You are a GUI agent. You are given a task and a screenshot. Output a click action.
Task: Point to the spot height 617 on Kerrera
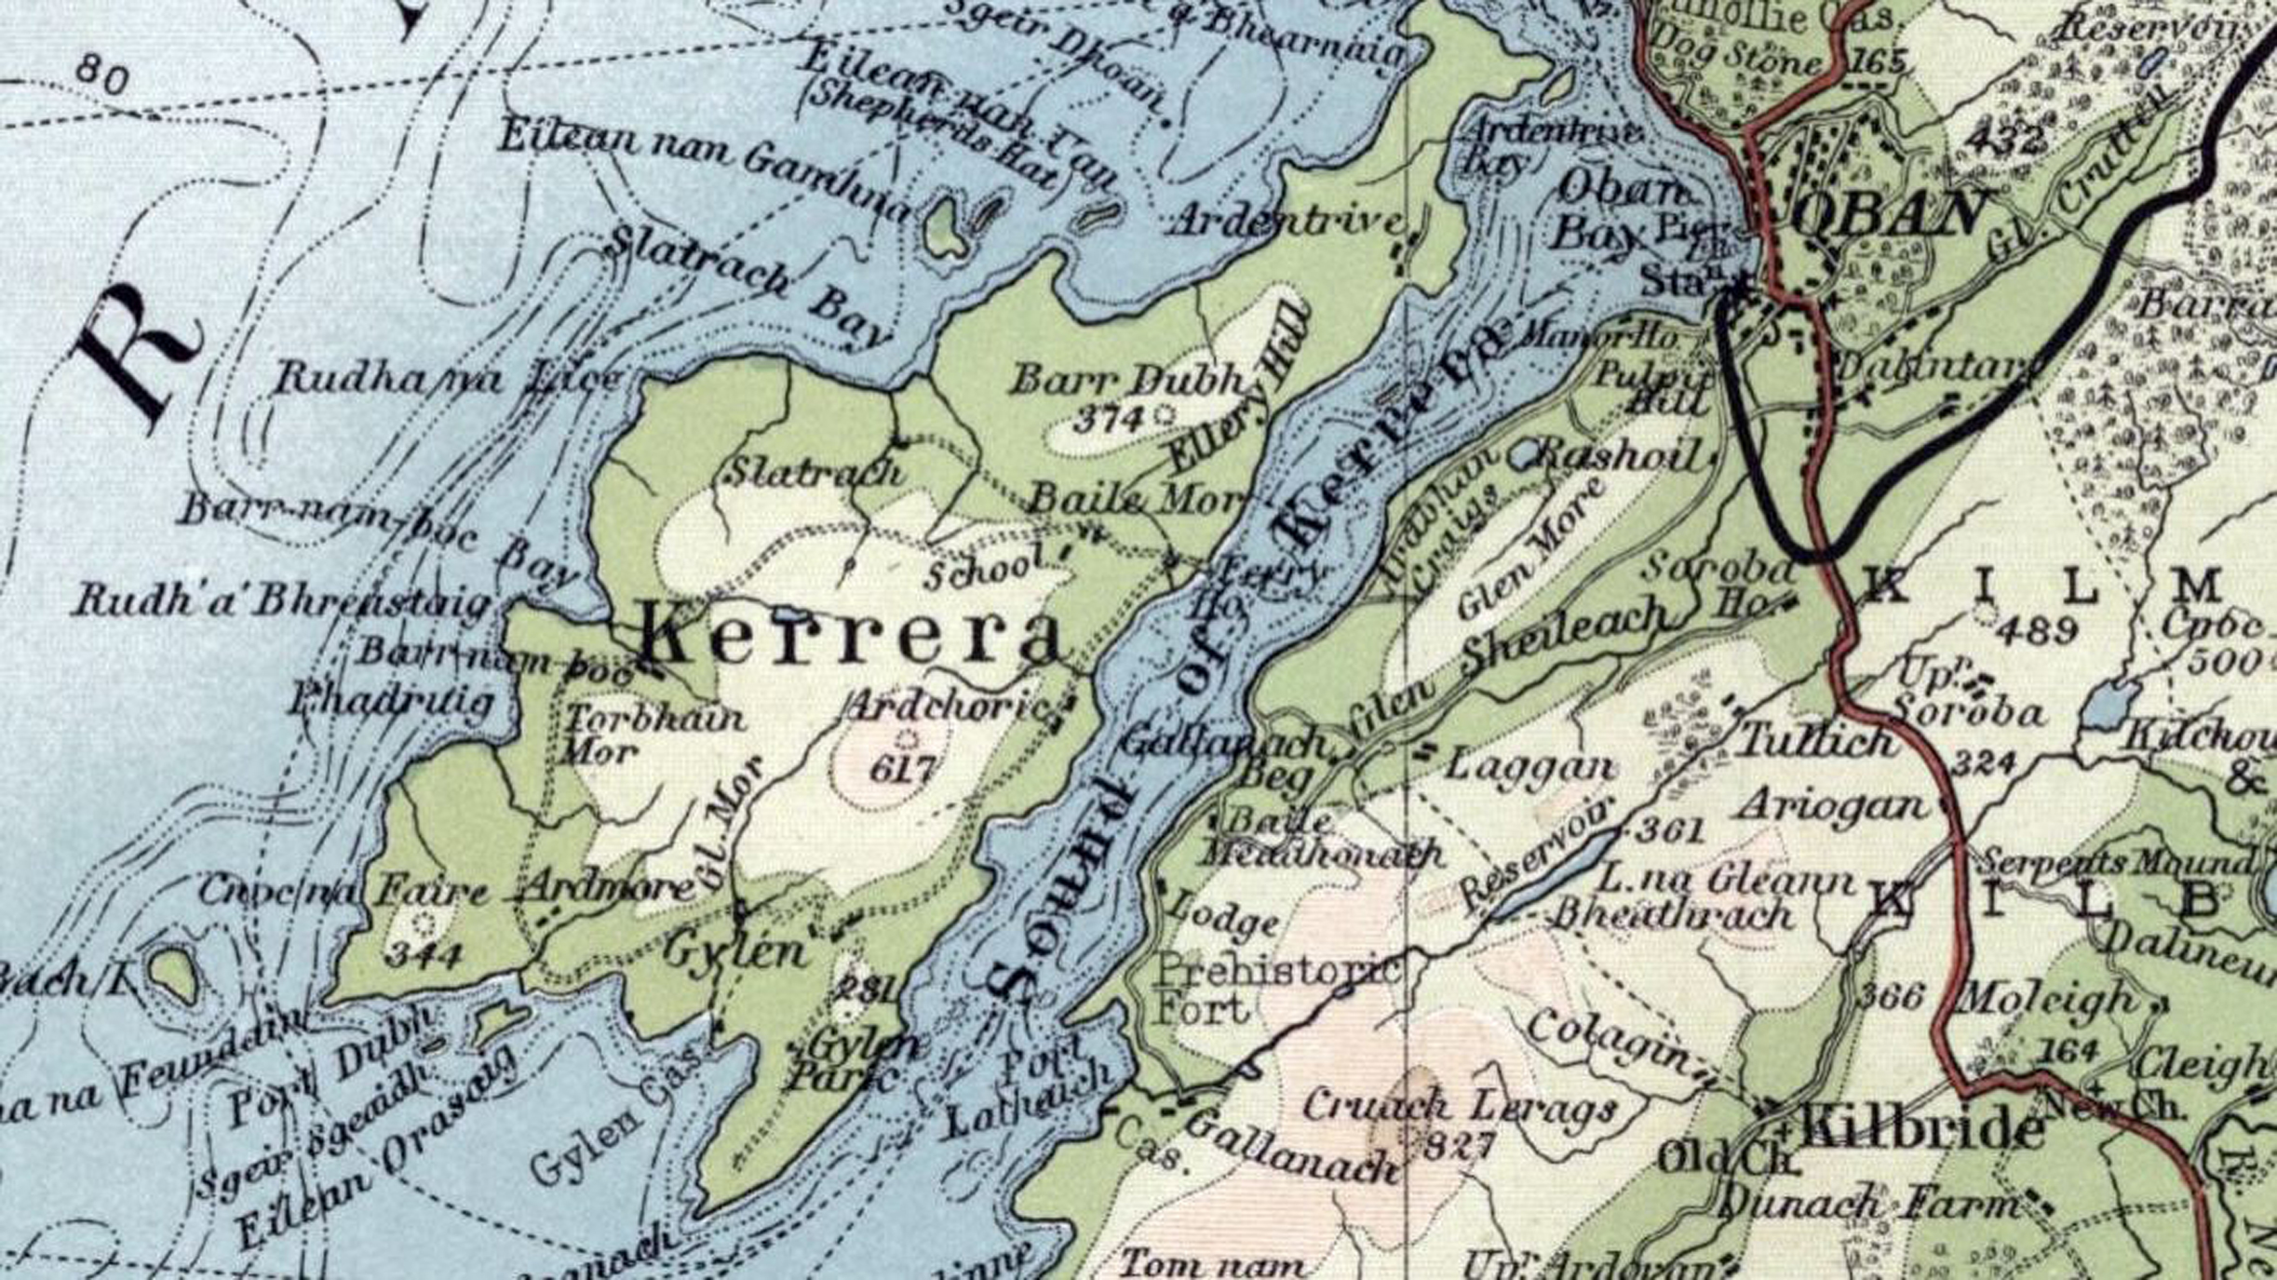pos(902,769)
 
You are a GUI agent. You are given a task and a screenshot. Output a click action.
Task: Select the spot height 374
pos(1108,421)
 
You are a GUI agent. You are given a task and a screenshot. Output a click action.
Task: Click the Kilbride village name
pos(1923,1131)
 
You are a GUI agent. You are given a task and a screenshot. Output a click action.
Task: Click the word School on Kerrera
pos(977,570)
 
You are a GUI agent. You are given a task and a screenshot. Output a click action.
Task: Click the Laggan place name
pos(1530,768)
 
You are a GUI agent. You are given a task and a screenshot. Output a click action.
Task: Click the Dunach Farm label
pos(1871,1206)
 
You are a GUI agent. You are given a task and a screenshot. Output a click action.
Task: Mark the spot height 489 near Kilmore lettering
pos(2039,631)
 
